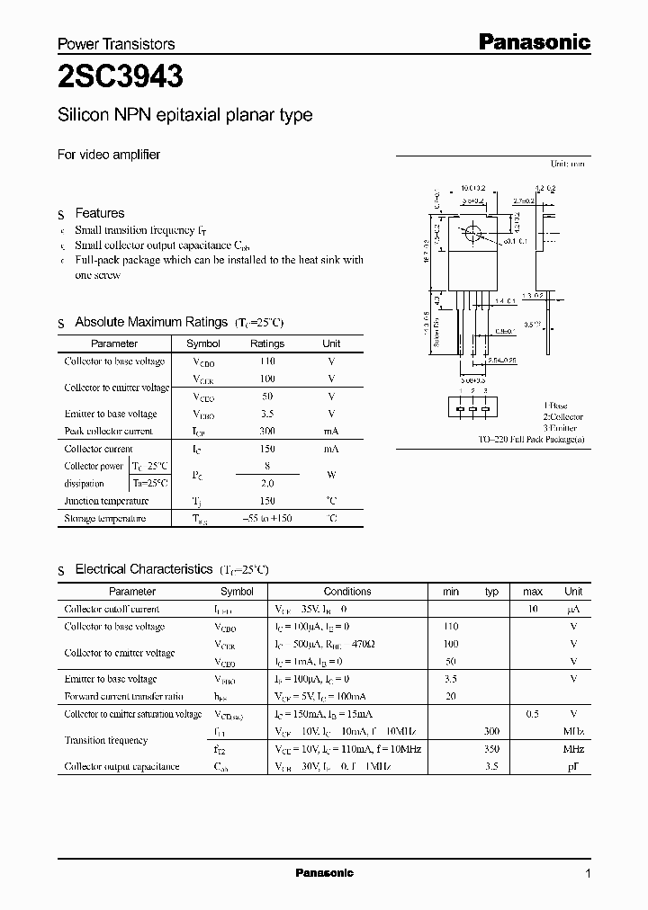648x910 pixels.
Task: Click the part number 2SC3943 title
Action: point(121,77)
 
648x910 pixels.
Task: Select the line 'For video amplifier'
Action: point(109,154)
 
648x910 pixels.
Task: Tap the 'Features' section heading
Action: point(99,213)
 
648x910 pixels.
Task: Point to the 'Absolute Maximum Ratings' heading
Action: point(151,322)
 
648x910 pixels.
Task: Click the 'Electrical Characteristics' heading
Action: point(143,569)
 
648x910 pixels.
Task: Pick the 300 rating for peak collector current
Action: point(266,431)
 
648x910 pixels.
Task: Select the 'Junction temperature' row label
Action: point(106,501)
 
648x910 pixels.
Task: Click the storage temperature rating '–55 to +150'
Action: point(266,519)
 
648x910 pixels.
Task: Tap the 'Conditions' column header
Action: point(347,592)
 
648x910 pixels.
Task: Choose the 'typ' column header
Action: point(491,592)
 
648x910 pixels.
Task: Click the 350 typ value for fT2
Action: point(491,749)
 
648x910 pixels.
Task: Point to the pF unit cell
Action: point(573,766)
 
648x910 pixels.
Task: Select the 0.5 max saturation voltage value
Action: point(532,714)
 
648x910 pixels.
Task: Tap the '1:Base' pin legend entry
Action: point(556,406)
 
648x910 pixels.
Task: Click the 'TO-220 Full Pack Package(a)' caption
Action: point(531,440)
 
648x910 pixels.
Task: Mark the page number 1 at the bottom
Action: point(588,873)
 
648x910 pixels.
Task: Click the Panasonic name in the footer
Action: point(325,873)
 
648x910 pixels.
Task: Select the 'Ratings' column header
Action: point(266,343)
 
